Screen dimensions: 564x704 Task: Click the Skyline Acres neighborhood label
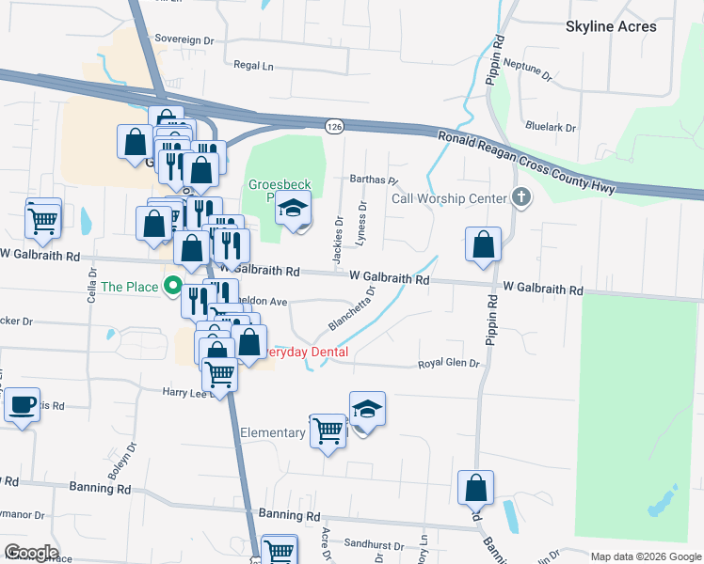[611, 26]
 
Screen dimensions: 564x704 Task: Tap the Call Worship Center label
[449, 198]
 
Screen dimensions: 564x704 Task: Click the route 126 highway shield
[334, 126]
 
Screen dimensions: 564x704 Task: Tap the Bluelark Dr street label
[551, 126]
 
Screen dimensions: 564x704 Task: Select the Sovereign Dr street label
[185, 40]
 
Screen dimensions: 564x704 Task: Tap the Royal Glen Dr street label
[449, 364]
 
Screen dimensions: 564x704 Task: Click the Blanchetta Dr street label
[352, 309]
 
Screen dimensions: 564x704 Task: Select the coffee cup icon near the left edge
[22, 405]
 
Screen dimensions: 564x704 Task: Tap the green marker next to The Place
[172, 286]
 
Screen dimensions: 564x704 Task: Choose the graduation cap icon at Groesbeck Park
[293, 210]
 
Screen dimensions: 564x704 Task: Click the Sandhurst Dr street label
[373, 544]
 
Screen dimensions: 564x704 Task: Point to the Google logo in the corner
[30, 553]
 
